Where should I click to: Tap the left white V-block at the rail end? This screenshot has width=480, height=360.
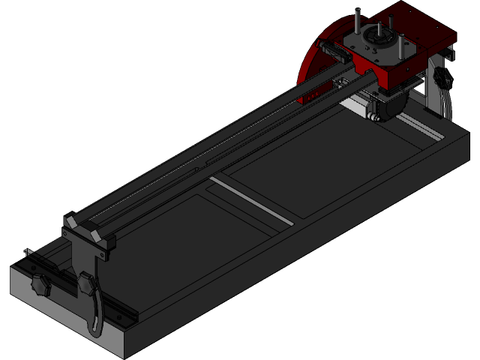pyautogui.click(x=71, y=223)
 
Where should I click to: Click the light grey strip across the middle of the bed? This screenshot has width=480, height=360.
pyautogui.click(x=251, y=200)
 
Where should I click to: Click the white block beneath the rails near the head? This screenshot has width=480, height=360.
pyautogui.click(x=358, y=109)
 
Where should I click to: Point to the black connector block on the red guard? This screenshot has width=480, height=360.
pyautogui.click(x=331, y=52)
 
